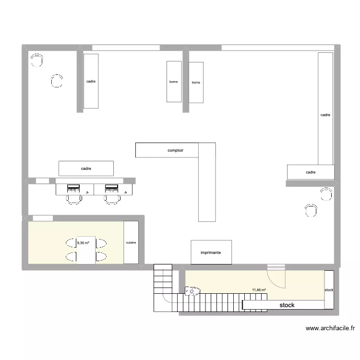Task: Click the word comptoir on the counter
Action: click(x=175, y=150)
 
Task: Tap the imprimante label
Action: click(x=211, y=252)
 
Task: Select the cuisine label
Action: click(x=131, y=242)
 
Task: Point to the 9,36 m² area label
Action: click(x=83, y=242)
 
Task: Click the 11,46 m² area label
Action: click(x=259, y=290)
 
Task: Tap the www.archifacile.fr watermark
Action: click(x=330, y=329)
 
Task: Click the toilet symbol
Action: click(x=192, y=291)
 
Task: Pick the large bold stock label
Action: click(x=287, y=305)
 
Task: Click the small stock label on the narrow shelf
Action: click(x=329, y=290)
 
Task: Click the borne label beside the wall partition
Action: click(x=196, y=83)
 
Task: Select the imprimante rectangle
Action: click(x=211, y=252)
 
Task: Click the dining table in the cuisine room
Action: click(x=86, y=250)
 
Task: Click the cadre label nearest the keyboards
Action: click(x=86, y=168)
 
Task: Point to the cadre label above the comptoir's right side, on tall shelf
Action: click(x=325, y=115)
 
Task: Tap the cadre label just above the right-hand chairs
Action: click(x=311, y=172)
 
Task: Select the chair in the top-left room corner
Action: click(x=36, y=60)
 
